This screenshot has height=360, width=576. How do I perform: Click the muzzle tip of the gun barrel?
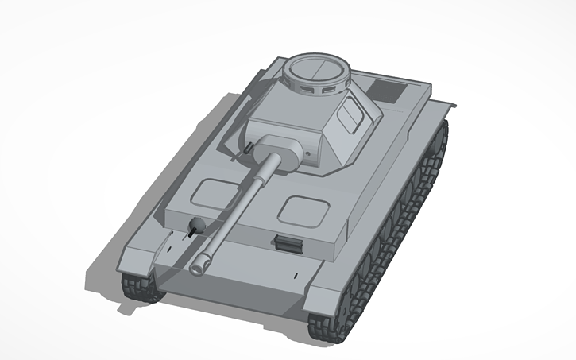196,264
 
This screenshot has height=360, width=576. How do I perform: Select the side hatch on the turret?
348,120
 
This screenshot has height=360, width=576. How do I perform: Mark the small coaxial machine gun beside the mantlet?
249,148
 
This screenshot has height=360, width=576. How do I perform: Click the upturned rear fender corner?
450,105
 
